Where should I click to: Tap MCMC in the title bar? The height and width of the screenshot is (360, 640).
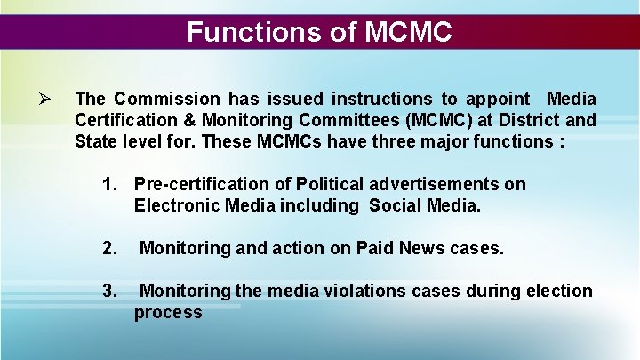[409, 33]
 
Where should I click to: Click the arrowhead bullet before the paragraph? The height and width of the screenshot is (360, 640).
[47, 98]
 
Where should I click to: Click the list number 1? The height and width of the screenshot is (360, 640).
[110, 184]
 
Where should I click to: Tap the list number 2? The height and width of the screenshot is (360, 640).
[110, 249]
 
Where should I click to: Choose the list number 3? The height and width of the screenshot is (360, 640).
[110, 291]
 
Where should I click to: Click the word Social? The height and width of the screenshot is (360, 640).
[394, 205]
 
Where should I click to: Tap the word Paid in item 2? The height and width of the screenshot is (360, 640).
[374, 249]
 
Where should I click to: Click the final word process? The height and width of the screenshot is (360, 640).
[168, 312]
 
